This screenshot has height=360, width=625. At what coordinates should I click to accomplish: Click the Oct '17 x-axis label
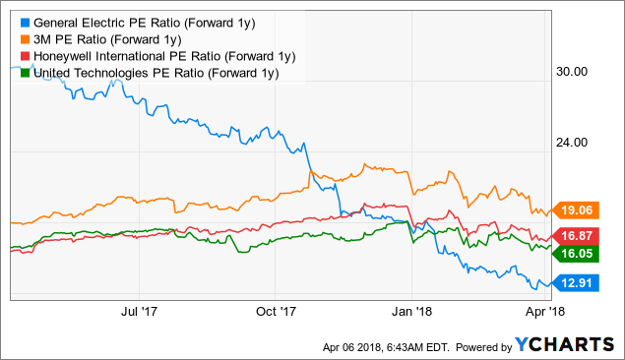pos(277,311)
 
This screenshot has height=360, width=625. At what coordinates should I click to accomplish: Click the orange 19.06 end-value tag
pos(577,209)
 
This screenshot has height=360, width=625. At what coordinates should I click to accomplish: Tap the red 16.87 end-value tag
pos(577,235)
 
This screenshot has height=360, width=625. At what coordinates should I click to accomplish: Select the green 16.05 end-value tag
pos(577,253)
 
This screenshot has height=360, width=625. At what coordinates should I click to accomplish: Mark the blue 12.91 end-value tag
pos(577,285)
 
